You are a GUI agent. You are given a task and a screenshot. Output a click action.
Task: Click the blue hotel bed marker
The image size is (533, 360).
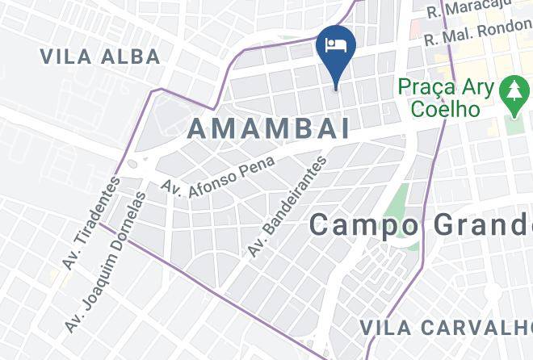click(x=335, y=48)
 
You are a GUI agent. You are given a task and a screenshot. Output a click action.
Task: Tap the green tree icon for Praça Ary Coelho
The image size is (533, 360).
click(x=513, y=93)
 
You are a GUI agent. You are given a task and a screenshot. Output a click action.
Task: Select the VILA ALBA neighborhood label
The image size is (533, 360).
click(x=100, y=57)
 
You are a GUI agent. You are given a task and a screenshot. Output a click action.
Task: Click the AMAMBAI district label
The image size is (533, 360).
click(x=269, y=128)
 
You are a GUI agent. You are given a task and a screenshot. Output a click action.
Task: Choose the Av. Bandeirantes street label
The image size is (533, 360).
click(x=287, y=207)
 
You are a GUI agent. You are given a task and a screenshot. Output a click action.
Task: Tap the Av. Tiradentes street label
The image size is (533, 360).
click(x=90, y=223)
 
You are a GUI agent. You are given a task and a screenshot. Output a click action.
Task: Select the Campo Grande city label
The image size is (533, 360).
click(x=420, y=224)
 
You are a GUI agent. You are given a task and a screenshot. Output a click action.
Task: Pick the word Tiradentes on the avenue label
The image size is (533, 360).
click(x=95, y=215)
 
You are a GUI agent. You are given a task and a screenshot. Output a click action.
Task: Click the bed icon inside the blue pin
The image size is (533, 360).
click(x=335, y=42)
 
